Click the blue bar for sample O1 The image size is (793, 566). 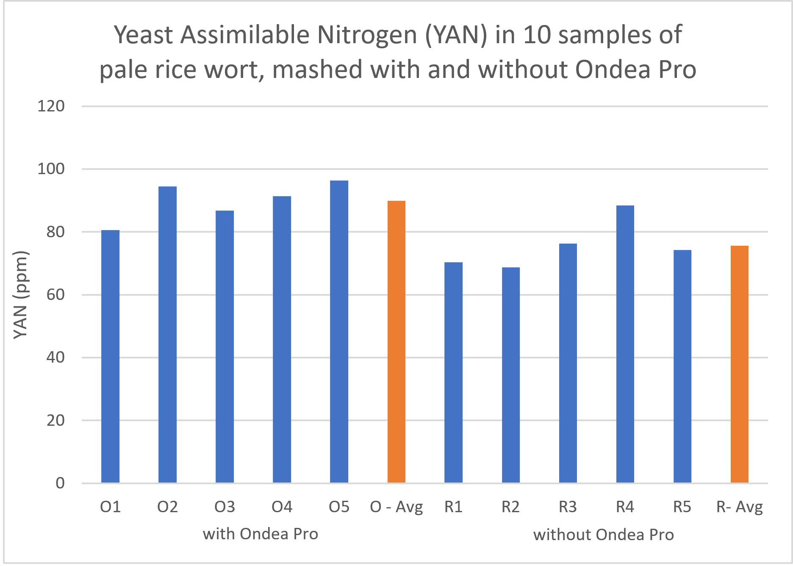click(110, 356)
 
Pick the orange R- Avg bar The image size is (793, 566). click(739, 364)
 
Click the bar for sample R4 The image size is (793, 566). click(625, 344)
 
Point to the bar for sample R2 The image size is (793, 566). click(510, 375)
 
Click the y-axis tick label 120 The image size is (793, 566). click(51, 106)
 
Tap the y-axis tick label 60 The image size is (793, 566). click(55, 294)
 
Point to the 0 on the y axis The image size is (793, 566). click(60, 483)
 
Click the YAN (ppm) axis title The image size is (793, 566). click(20, 295)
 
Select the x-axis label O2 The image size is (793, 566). click(167, 507)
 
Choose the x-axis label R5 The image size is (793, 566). click(682, 507)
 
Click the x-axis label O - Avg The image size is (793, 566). click(396, 507)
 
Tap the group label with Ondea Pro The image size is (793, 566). click(260, 534)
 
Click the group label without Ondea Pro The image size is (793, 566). click(603, 535)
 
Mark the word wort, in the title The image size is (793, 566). click(235, 70)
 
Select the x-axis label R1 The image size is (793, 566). click(453, 507)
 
